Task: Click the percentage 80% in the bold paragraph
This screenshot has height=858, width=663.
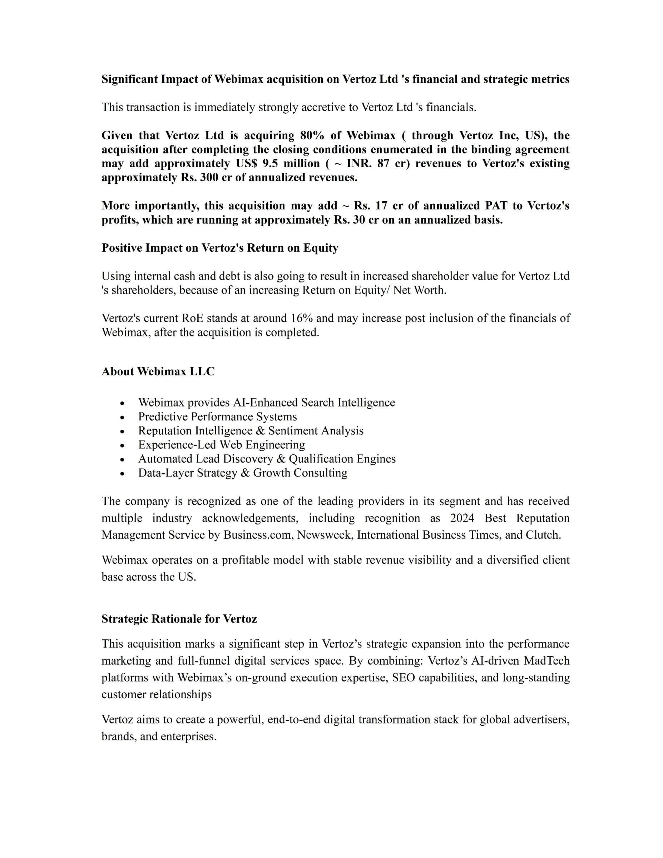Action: pyautogui.click(x=312, y=135)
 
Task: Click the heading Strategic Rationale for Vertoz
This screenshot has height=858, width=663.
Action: pyautogui.click(x=179, y=619)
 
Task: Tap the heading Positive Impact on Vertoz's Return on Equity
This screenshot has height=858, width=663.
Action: pyautogui.click(x=220, y=248)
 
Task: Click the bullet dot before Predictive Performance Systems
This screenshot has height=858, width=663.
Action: pyautogui.click(x=123, y=417)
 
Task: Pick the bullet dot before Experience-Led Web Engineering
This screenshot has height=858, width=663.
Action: pyautogui.click(x=123, y=445)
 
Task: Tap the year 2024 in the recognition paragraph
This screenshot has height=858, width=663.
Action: pyautogui.click(x=462, y=518)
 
